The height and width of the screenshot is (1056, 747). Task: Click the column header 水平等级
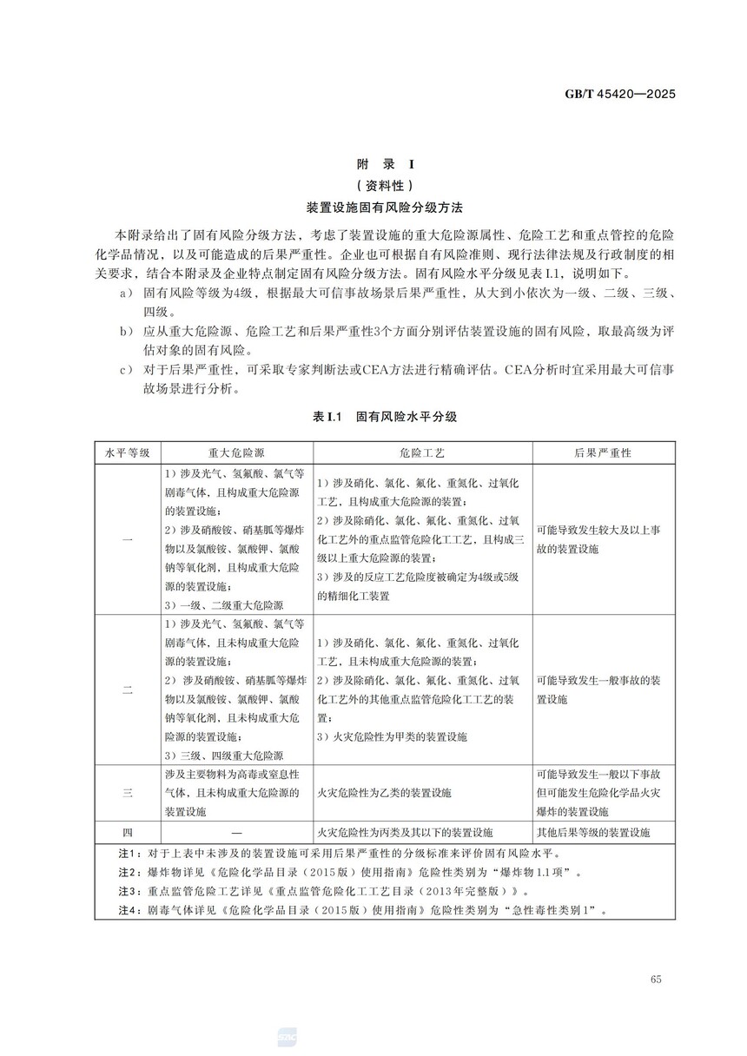[x=127, y=453]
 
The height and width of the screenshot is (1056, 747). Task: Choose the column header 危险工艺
[x=421, y=453]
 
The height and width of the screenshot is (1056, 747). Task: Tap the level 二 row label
[x=127, y=690]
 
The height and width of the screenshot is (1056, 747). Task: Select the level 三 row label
[x=127, y=793]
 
